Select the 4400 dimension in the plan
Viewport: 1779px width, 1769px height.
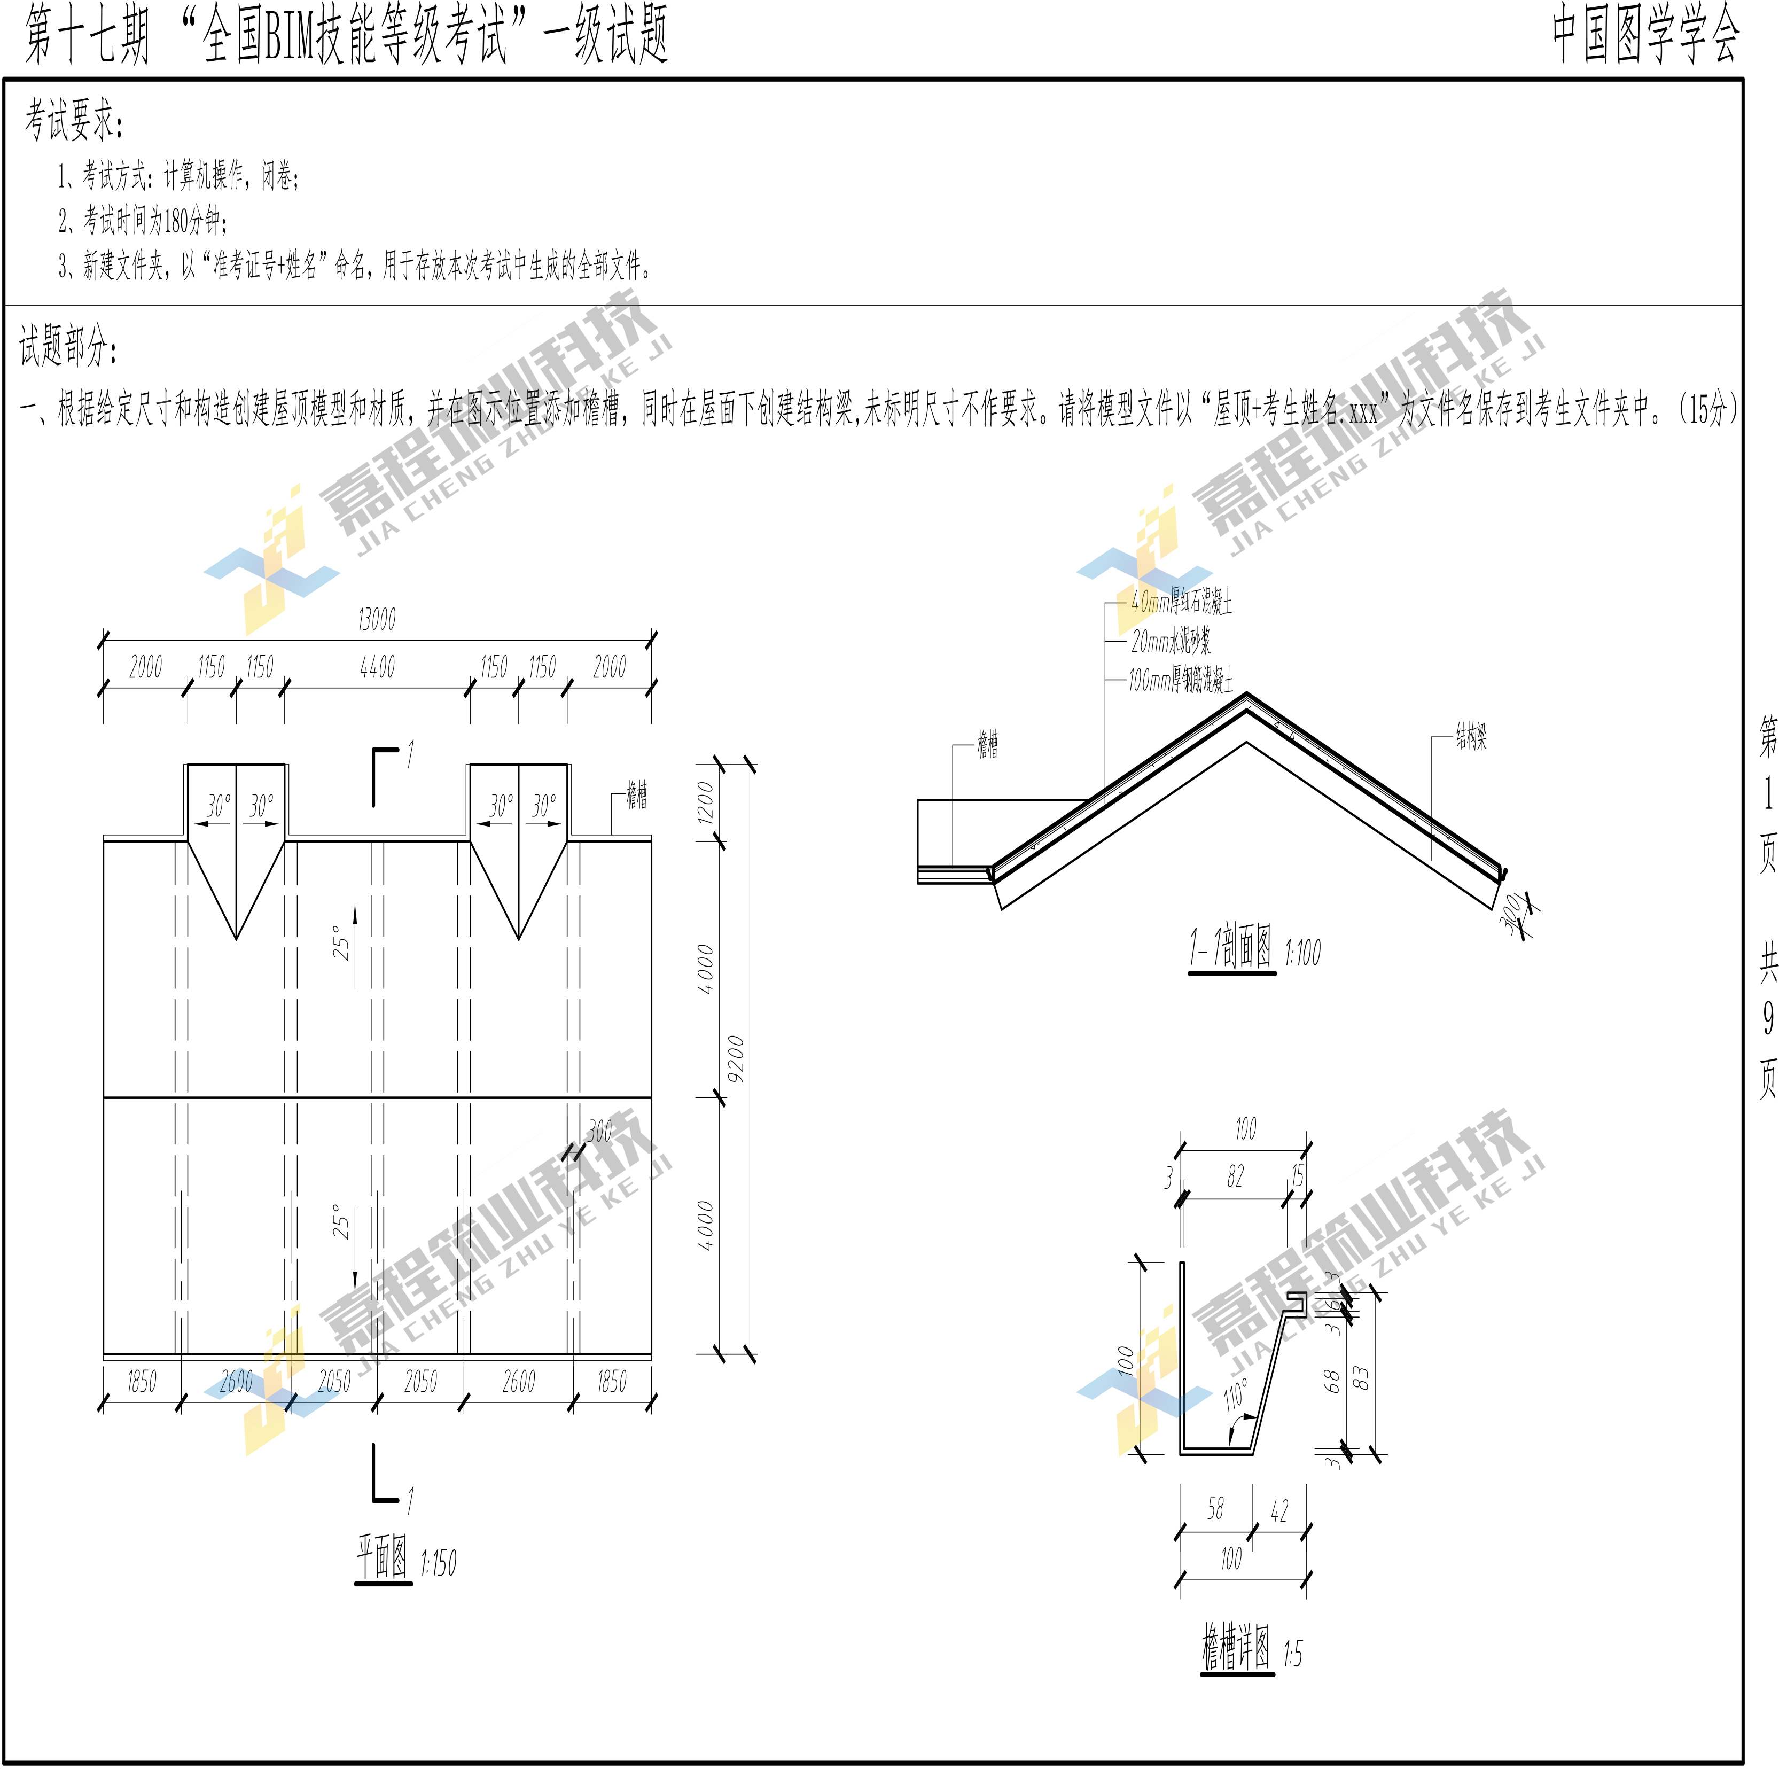point(378,668)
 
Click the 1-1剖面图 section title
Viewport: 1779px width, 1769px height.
point(1231,948)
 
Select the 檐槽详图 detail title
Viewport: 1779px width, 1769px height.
point(1237,1647)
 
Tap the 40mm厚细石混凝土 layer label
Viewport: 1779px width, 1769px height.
point(1181,602)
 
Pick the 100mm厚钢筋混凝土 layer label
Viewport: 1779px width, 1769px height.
point(1181,681)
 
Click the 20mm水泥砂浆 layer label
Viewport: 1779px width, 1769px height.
point(1171,641)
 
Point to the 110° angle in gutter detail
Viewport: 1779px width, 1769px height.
point(1237,1394)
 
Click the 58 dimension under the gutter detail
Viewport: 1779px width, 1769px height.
point(1215,1508)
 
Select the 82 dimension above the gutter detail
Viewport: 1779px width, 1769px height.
point(1235,1176)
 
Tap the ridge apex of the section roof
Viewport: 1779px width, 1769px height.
point(1247,695)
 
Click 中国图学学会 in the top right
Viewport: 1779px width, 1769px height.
point(1645,35)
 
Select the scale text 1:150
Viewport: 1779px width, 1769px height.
point(438,1563)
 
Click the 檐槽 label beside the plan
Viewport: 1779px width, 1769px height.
point(636,794)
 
